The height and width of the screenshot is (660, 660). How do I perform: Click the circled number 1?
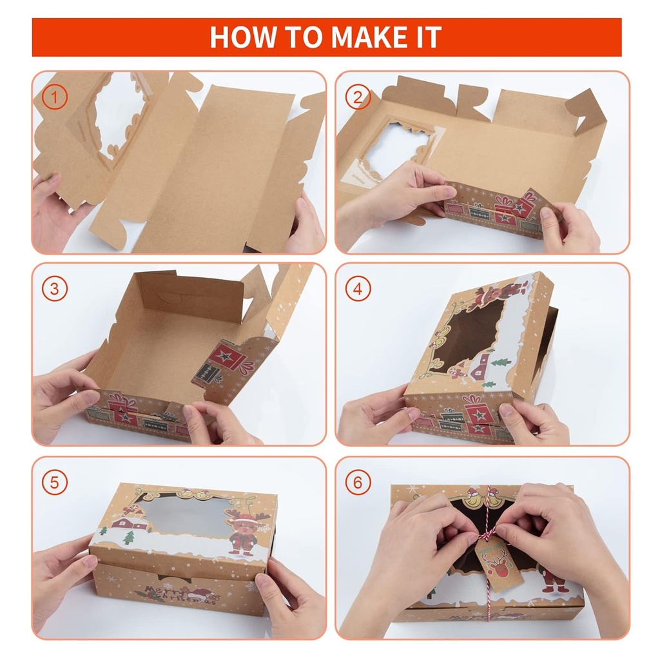(55, 97)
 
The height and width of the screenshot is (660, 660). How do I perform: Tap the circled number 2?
(358, 97)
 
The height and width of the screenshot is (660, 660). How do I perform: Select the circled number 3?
(55, 289)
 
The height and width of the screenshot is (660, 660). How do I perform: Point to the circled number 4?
(358, 289)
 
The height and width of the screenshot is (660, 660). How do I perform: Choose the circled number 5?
(55, 481)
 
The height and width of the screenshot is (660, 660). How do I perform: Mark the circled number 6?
(358, 481)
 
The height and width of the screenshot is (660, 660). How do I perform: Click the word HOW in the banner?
(240, 37)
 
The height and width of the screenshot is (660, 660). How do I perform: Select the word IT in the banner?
(427, 37)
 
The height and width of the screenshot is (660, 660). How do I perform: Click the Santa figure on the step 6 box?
(554, 580)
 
